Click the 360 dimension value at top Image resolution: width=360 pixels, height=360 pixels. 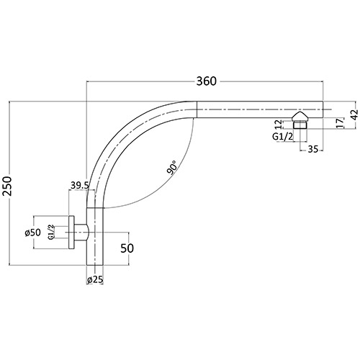pos(206,81)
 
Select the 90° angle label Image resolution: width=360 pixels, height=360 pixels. pos(172,170)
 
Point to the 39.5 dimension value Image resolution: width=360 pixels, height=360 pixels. pos(79,186)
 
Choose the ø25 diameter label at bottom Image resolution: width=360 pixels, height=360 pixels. pos(94,279)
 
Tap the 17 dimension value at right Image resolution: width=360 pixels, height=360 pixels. pos(339,122)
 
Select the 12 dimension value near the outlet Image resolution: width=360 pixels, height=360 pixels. pos(279,125)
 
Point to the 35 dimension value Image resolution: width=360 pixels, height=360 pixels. pos(313,150)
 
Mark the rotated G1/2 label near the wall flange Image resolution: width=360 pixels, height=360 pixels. pos(51,232)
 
